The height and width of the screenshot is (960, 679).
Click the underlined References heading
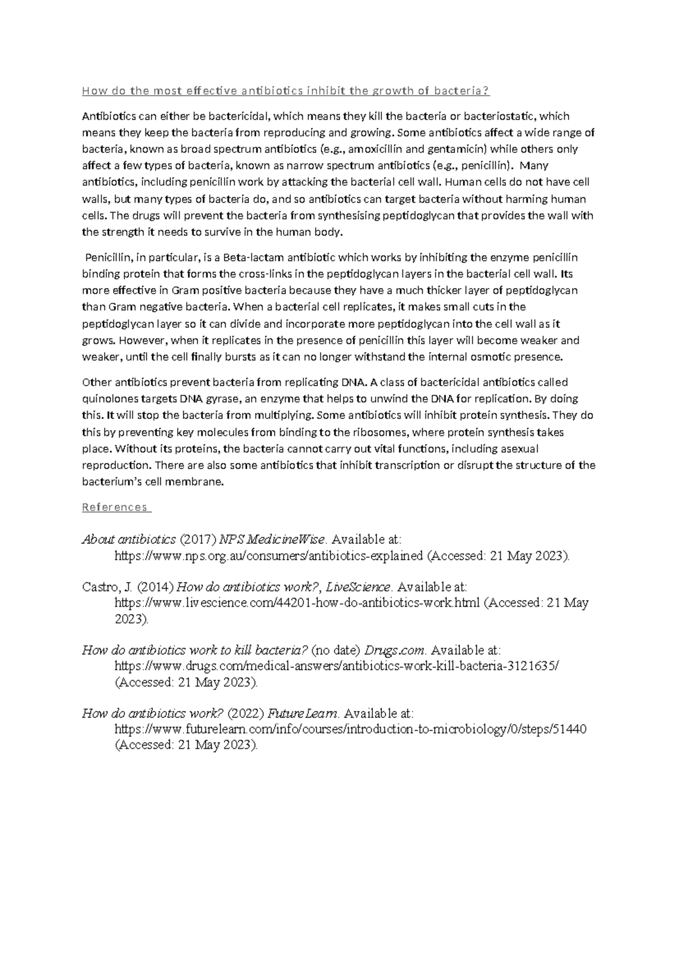(x=115, y=507)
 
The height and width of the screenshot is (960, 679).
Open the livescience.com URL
(x=298, y=603)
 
